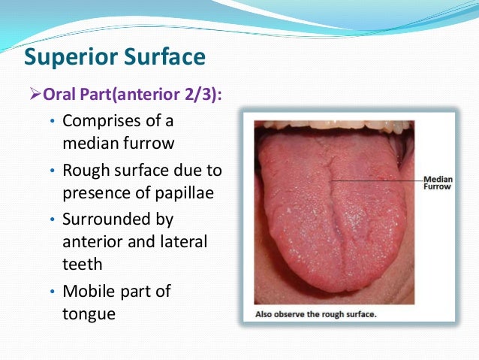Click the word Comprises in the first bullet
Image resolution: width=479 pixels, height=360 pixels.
click(105, 121)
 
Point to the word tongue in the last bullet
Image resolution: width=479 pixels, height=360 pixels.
click(89, 313)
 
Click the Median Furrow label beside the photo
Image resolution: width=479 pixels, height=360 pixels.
click(437, 183)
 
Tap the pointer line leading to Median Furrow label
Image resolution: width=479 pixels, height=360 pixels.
click(375, 180)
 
